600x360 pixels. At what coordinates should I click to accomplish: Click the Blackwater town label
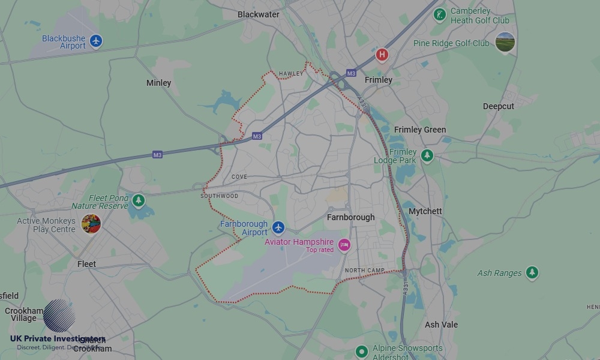258,14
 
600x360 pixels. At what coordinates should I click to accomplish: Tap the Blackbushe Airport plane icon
96,41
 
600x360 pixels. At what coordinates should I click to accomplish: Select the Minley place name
158,83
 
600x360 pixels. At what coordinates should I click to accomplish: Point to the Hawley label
291,74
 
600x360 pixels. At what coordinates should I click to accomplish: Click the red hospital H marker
382,55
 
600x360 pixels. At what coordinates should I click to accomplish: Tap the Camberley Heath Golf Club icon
440,14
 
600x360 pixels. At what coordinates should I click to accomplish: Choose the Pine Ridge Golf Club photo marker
505,43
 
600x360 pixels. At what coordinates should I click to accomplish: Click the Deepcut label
498,106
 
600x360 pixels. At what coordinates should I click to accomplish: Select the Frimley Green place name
420,130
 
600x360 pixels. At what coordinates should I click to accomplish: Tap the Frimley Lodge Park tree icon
427,156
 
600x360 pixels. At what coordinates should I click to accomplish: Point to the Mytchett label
425,211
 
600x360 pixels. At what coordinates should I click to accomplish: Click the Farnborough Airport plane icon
278,227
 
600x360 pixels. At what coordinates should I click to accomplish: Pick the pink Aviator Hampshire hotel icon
344,245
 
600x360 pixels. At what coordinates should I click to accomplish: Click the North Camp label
364,271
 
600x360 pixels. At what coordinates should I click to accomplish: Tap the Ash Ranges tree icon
531,273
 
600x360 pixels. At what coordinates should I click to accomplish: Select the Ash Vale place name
441,325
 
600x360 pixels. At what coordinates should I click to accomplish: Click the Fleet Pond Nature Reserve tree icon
139,200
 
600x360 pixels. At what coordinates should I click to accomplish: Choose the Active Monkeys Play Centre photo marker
91,224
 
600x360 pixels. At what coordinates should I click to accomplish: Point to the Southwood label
219,196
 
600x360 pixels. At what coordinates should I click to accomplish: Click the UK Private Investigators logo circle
59,316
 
